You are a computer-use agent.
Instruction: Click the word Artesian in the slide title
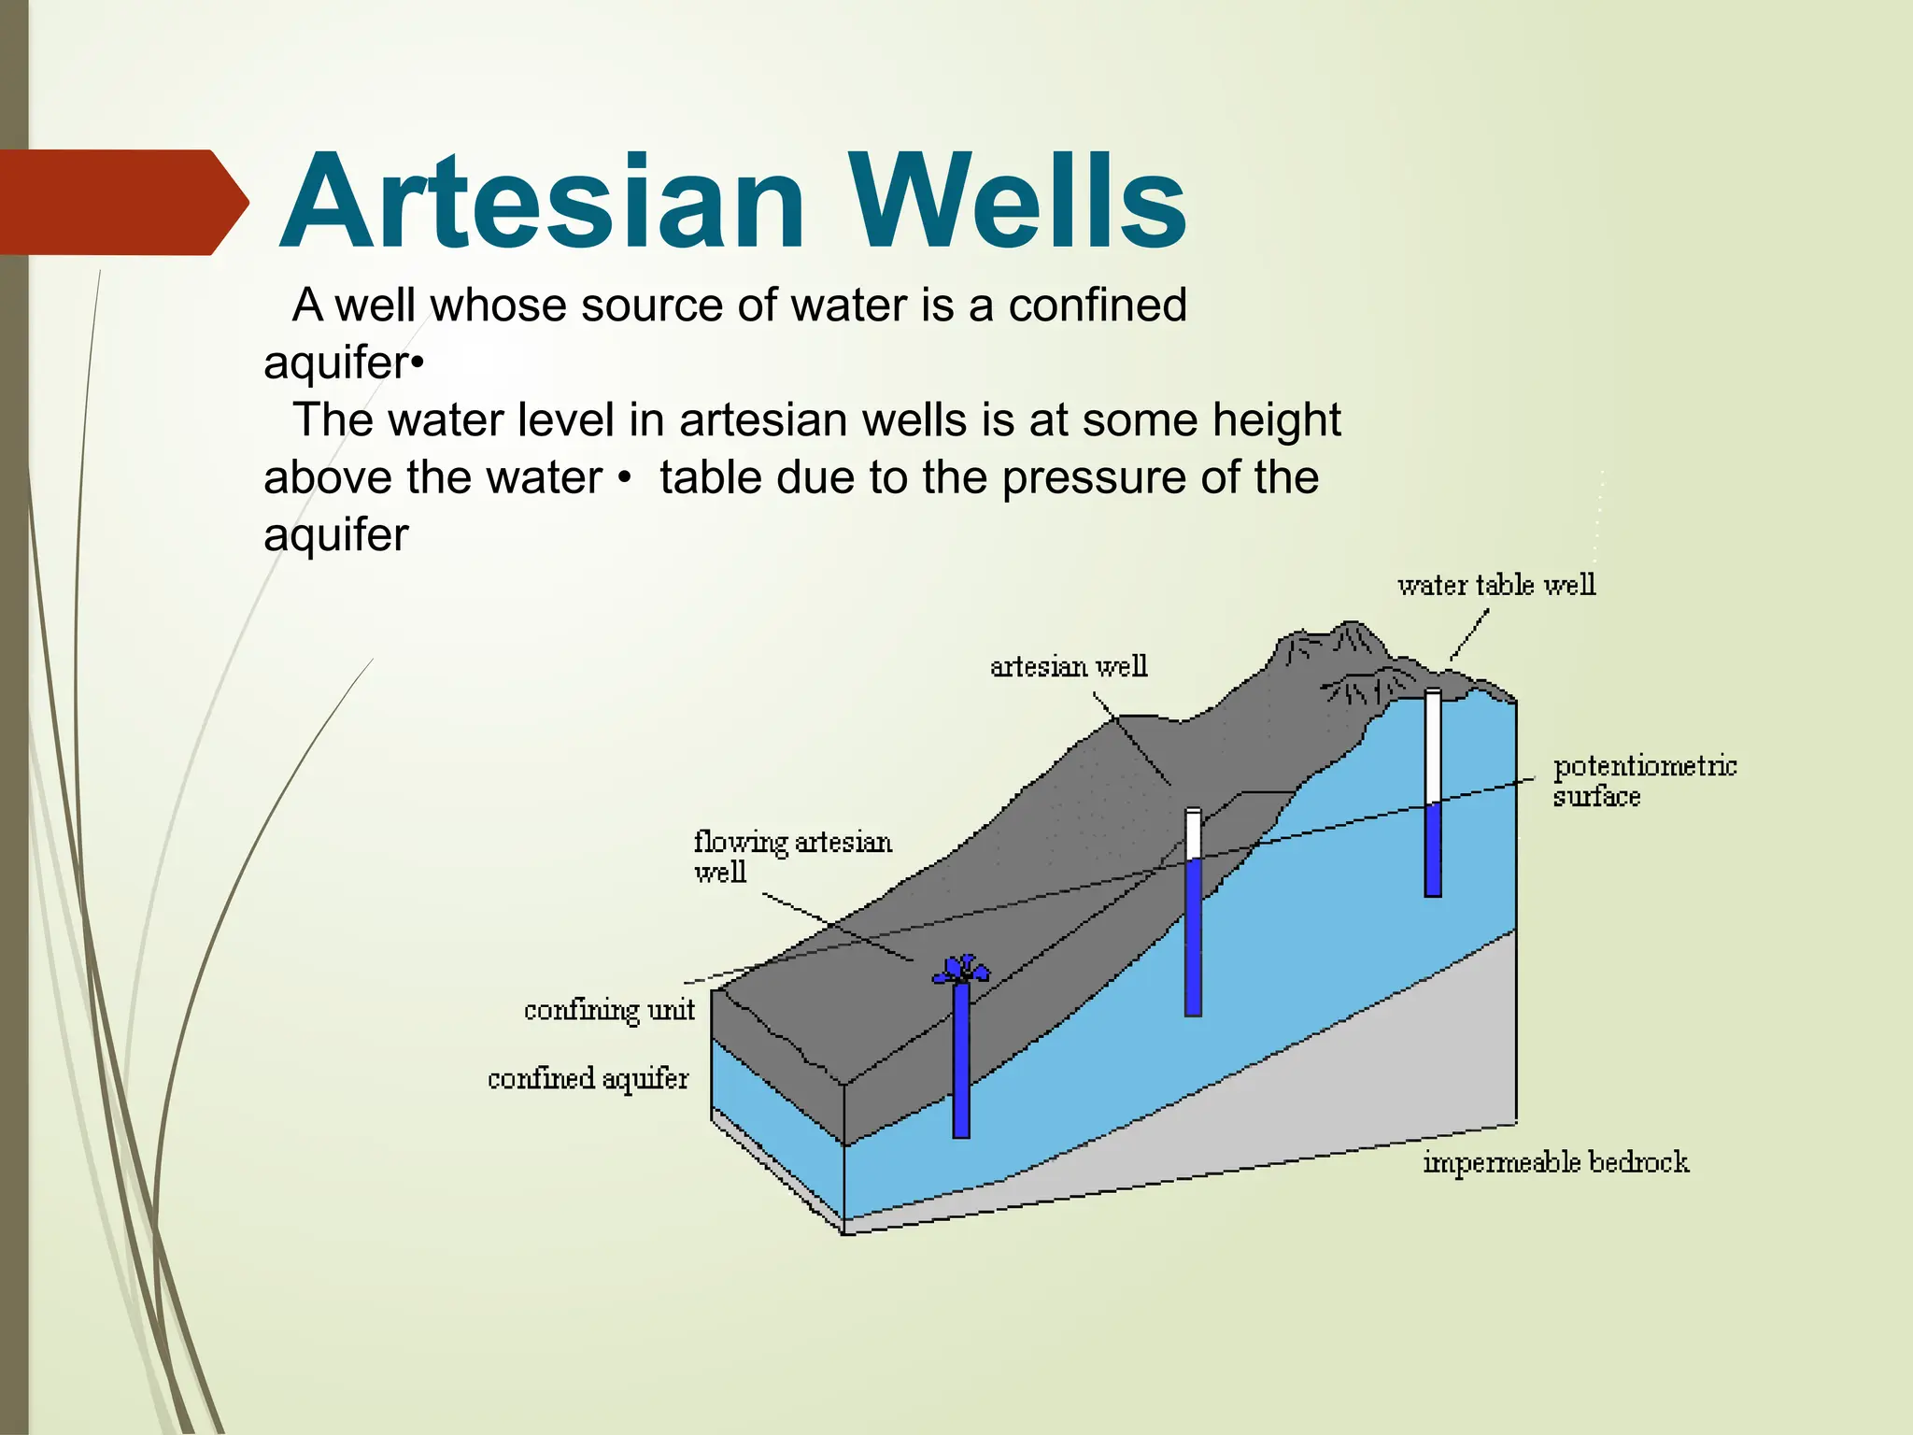pyautogui.click(x=542, y=203)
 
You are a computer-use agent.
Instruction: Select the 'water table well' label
pyautogui.click(x=1496, y=585)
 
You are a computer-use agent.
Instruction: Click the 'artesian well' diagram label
pyautogui.click(x=1069, y=666)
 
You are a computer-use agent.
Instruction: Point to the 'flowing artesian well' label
pyautogui.click(x=792, y=856)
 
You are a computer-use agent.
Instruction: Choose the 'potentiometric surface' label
pyautogui.click(x=1644, y=781)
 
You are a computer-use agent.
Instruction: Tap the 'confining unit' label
pyautogui.click(x=609, y=1010)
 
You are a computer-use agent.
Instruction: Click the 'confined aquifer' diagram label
pyautogui.click(x=588, y=1079)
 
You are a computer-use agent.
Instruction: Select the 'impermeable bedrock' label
pyautogui.click(x=1555, y=1162)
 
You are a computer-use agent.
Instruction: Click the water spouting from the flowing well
pyautogui.click(x=961, y=969)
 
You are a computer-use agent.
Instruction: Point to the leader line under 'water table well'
pyautogui.click(x=1469, y=635)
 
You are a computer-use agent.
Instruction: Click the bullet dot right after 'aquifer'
pyautogui.click(x=418, y=363)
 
